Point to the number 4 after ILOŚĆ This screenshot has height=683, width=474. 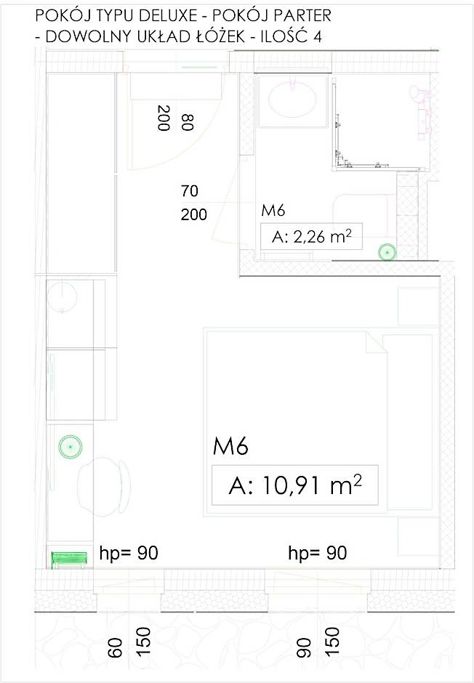pyautogui.click(x=317, y=39)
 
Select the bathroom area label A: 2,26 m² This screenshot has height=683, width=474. pyautogui.click(x=311, y=237)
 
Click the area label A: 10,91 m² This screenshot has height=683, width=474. pyautogui.click(x=295, y=485)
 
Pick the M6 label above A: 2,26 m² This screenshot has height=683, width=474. pyautogui.click(x=272, y=211)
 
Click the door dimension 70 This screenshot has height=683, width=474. pyautogui.click(x=190, y=192)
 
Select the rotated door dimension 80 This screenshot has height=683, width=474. pyautogui.click(x=188, y=121)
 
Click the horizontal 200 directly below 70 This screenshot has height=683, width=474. pyautogui.click(x=193, y=214)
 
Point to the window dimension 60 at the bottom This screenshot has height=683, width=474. pyautogui.click(x=115, y=648)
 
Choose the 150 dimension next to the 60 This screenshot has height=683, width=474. pyautogui.click(x=142, y=643)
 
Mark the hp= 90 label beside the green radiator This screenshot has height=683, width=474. pyautogui.click(x=128, y=554)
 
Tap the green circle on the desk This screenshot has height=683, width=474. pyautogui.click(x=70, y=446)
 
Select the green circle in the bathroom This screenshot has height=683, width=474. pyautogui.click(x=387, y=252)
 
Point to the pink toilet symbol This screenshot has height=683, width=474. pyautogui.click(x=422, y=109)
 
